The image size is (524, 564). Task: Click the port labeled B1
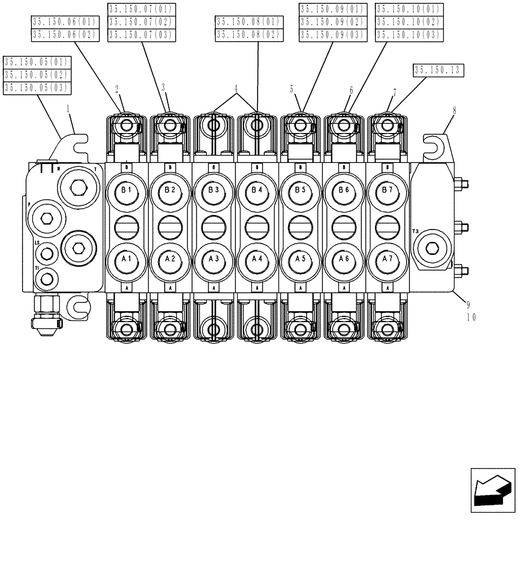pos(126,191)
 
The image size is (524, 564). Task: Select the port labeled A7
pos(387,258)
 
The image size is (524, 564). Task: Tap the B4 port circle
pos(257,191)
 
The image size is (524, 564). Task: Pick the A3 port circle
pos(213,258)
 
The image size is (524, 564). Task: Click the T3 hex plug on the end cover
pos(432,248)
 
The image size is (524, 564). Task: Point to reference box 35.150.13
pos(438,70)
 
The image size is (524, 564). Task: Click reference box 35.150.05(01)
pos(36,61)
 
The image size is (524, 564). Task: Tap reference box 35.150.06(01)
pos(65,22)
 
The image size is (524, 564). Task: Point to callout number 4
pos(235,89)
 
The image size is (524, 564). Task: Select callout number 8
pos(453,111)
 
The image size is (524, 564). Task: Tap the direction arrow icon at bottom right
pos(492,490)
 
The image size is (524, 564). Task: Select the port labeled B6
pos(344,191)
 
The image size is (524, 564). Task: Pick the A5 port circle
pos(300,258)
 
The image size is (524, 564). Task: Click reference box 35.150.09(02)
pos(333,22)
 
